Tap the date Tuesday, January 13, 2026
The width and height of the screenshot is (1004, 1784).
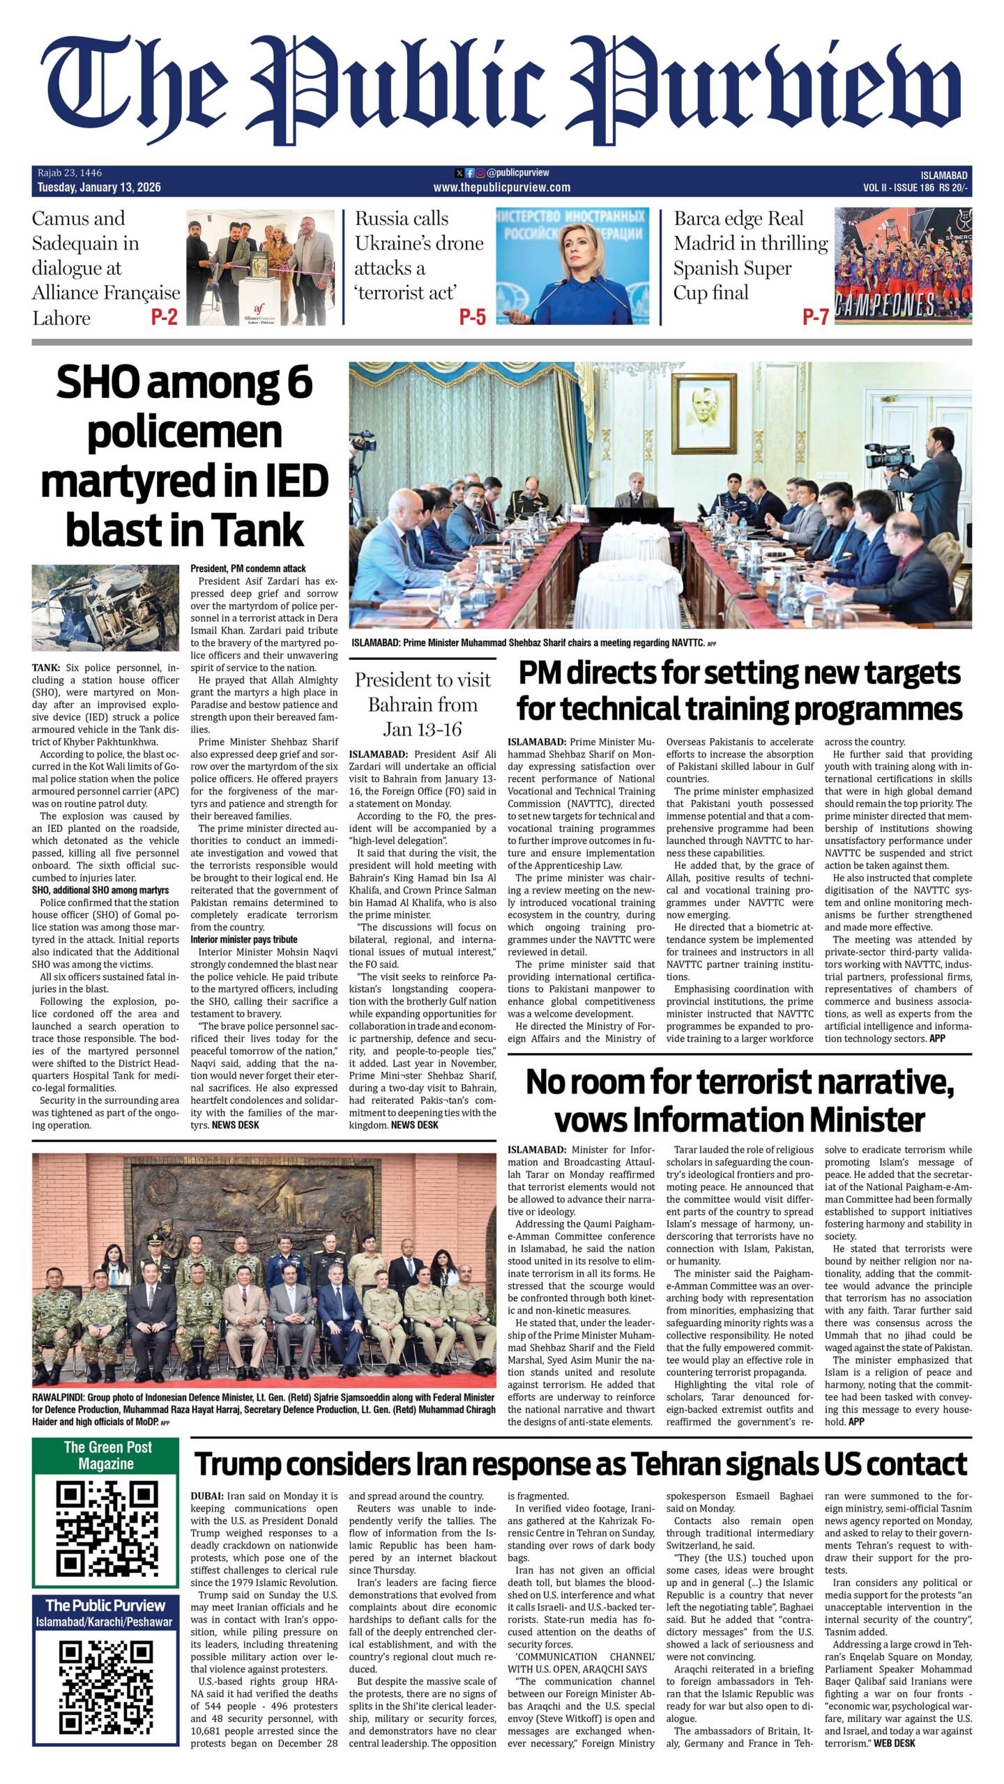click(99, 187)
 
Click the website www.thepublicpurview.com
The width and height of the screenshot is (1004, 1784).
click(501, 187)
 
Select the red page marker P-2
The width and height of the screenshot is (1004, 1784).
click(165, 318)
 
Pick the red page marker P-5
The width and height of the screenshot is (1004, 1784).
click(472, 318)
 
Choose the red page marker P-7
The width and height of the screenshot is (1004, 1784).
click(815, 318)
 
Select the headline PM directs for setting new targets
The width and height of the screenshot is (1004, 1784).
click(739, 691)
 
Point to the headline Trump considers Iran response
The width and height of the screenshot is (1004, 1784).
click(581, 1463)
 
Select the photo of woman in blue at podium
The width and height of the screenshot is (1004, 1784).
click(572, 266)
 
